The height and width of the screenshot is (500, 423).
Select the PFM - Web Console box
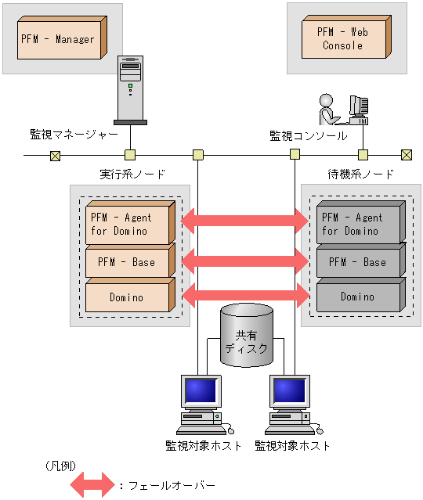tap(344, 39)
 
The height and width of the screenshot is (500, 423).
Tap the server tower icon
tap(130, 90)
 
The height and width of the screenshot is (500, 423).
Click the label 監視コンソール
tap(308, 135)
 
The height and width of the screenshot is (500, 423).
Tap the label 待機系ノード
tap(360, 174)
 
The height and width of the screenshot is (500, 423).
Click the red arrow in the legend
tap(92, 484)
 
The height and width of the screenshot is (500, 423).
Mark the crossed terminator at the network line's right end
tap(406, 155)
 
